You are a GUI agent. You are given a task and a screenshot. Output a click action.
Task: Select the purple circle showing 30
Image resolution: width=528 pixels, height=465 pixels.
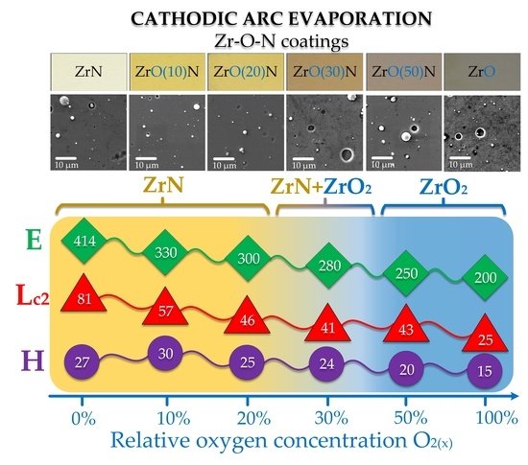click(x=165, y=353)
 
